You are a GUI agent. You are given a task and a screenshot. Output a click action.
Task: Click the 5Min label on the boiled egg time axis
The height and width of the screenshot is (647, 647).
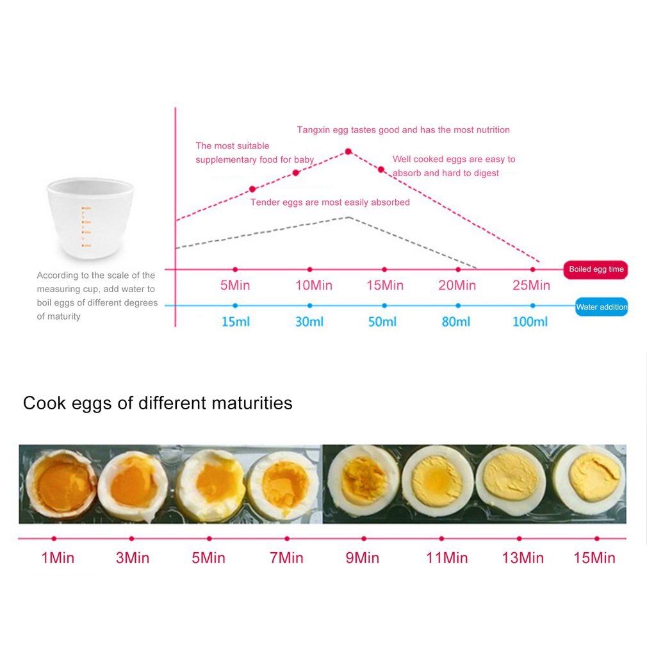(x=235, y=285)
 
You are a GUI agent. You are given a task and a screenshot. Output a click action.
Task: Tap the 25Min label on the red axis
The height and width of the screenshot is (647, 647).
(x=531, y=285)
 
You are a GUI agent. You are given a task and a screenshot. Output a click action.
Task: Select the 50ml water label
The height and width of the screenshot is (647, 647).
(x=382, y=322)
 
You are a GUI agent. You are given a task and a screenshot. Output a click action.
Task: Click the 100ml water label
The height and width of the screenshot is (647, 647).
(x=530, y=322)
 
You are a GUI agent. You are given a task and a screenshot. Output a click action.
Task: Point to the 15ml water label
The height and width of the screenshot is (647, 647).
(x=235, y=322)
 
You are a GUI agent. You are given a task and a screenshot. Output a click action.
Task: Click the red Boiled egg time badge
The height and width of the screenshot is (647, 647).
(x=596, y=270)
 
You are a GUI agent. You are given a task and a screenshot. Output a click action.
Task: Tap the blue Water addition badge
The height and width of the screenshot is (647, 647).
(x=601, y=307)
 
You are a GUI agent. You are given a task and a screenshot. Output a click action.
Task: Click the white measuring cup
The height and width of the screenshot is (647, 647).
(x=90, y=218)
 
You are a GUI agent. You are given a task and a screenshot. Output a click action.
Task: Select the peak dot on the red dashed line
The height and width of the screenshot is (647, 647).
(x=348, y=152)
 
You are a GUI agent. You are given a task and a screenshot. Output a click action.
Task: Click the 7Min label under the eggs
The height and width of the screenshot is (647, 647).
(x=286, y=558)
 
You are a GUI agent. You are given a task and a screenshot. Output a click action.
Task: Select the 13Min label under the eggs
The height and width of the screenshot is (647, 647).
(x=522, y=558)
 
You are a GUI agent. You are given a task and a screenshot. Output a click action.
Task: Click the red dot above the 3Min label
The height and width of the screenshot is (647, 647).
(x=131, y=539)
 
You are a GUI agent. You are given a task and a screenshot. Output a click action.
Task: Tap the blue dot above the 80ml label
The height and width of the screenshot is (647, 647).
(x=457, y=306)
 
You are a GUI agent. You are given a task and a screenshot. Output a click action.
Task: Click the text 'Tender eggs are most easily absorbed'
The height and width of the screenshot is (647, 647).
(x=330, y=202)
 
